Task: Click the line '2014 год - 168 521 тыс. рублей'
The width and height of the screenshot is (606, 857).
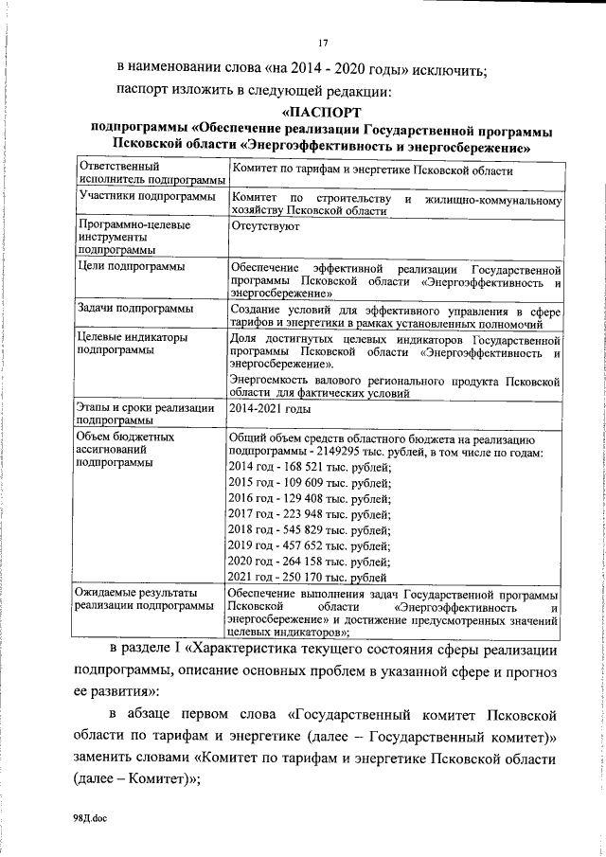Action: pyautogui.click(x=309, y=468)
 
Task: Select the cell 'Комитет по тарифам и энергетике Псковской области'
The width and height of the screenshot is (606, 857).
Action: pyautogui.click(x=371, y=171)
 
